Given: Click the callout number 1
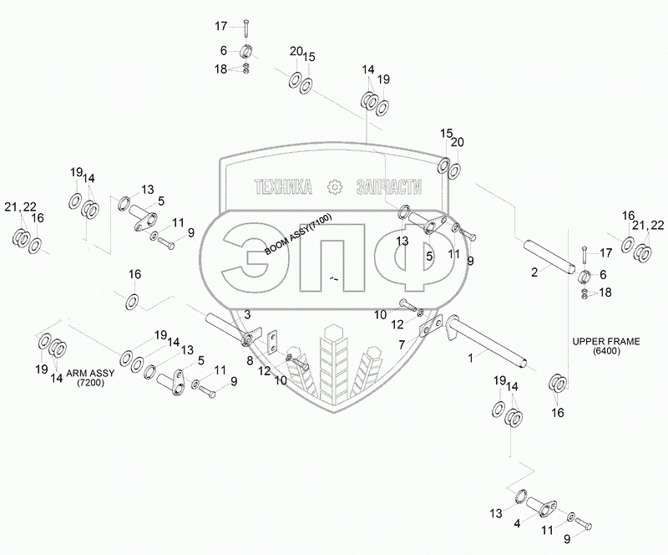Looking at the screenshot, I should pyautogui.click(x=472, y=356).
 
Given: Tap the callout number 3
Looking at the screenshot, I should pyautogui.click(x=247, y=314).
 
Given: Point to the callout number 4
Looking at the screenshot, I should pyautogui.click(x=517, y=523).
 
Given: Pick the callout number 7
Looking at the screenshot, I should pyautogui.click(x=402, y=344).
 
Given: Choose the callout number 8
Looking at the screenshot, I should pyautogui.click(x=250, y=359).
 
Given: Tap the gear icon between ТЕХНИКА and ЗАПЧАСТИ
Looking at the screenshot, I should pyautogui.click(x=335, y=186).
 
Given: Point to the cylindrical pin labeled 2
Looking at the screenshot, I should pyautogui.click(x=547, y=254).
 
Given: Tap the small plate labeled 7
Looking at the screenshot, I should pyautogui.click(x=430, y=325).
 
